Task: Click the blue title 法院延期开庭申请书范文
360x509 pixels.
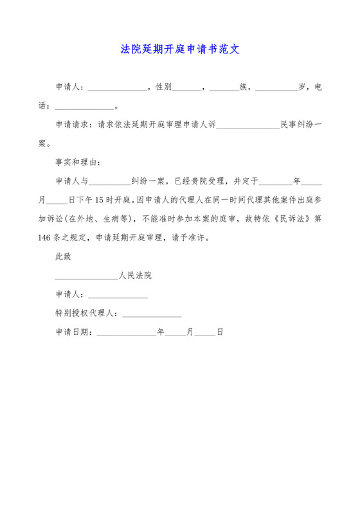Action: click(x=180, y=49)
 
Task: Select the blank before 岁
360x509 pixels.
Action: click(x=276, y=87)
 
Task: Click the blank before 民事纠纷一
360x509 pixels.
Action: click(x=248, y=125)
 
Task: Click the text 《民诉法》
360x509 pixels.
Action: click(x=290, y=218)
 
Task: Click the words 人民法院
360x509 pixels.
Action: click(x=135, y=275)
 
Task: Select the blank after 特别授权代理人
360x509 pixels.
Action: click(x=152, y=314)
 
